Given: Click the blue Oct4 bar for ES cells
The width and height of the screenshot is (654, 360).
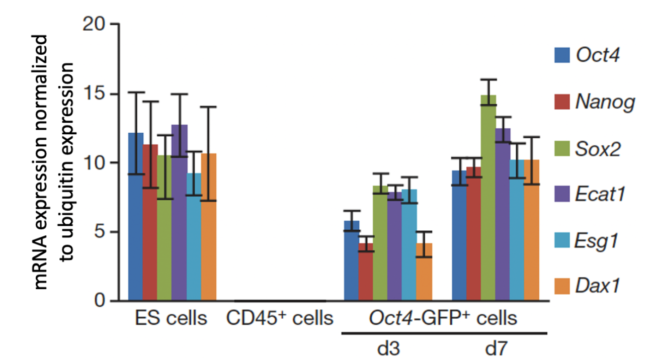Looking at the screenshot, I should (x=136, y=221).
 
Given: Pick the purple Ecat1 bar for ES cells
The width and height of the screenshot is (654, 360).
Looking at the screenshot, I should (x=180, y=216).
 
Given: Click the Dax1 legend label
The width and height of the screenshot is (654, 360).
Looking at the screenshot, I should (x=598, y=287).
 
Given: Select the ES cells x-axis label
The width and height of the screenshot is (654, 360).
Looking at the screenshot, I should (x=172, y=318).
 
